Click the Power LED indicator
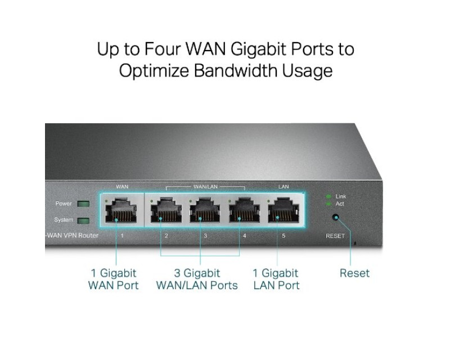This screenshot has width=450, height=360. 83,204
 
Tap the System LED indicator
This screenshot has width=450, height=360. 83,220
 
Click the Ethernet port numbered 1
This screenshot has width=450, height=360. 121,210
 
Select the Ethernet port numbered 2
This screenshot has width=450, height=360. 166,210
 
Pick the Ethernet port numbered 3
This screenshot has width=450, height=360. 205,210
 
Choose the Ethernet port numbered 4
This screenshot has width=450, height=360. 244,210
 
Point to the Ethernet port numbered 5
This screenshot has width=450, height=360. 283,210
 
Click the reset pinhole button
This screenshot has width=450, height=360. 335,217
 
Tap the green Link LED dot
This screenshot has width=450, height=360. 328,197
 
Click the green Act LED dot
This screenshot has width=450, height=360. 328,204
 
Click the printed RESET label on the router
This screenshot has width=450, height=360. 335,236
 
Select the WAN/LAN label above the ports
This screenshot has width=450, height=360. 205,187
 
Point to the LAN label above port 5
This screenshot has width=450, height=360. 283,187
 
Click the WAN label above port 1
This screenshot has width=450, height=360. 122,187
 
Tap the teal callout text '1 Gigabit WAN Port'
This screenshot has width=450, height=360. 114,280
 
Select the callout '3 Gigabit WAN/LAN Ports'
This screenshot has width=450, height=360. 197,280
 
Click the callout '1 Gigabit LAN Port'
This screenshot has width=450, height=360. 276,280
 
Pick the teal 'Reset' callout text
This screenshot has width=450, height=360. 354,273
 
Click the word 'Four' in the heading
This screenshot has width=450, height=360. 163,49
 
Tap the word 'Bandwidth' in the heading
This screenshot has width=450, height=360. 235,71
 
